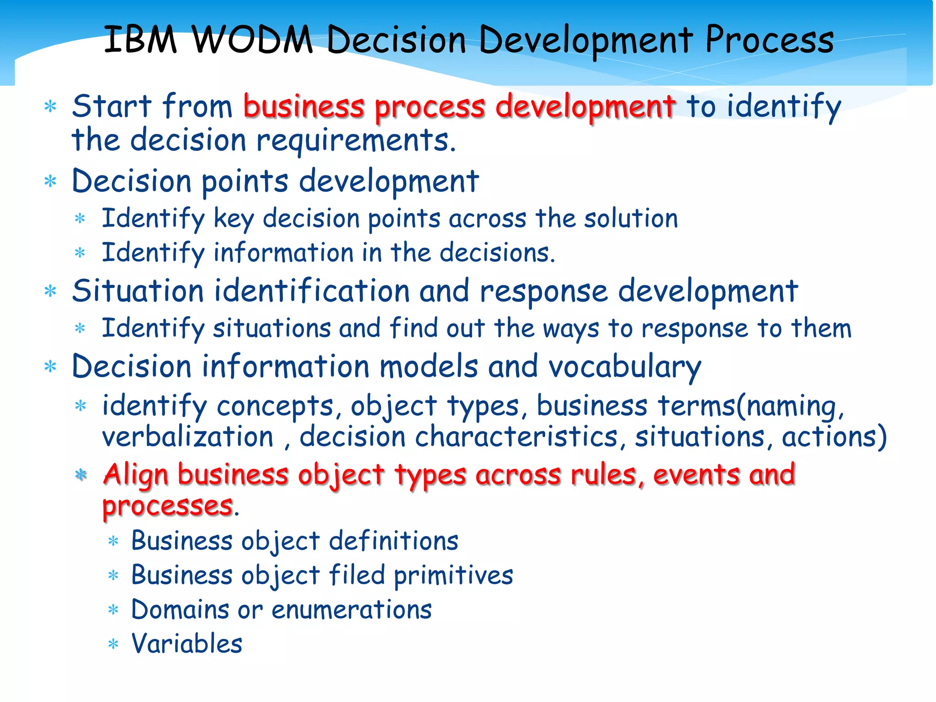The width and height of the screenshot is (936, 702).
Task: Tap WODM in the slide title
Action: pos(252,39)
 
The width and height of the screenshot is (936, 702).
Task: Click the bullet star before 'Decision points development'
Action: pos(50,182)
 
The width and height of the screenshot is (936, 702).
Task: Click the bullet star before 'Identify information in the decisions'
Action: pos(80,253)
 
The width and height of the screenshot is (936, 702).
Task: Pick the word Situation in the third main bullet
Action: pos(138,291)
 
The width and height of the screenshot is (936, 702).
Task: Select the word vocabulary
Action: pos(624,367)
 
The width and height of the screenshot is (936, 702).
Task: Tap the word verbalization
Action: pos(187,436)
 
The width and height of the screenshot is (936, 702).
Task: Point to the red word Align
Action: pos(136,474)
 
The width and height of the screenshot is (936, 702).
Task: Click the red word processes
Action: pos(167,506)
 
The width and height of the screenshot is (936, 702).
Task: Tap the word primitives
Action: pos(453,575)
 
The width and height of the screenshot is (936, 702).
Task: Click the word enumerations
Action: pos(351,610)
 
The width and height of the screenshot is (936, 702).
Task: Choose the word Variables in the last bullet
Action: pos(186,643)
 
